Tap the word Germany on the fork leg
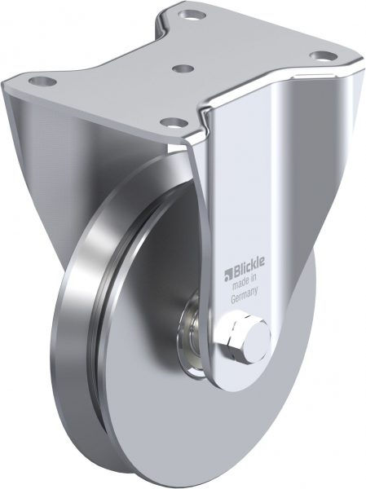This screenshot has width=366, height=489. (x=245, y=294)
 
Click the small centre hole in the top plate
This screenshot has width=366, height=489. (x=183, y=68)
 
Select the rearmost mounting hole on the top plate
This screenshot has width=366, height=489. (x=193, y=14)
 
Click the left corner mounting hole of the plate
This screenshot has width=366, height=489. (x=42, y=81)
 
